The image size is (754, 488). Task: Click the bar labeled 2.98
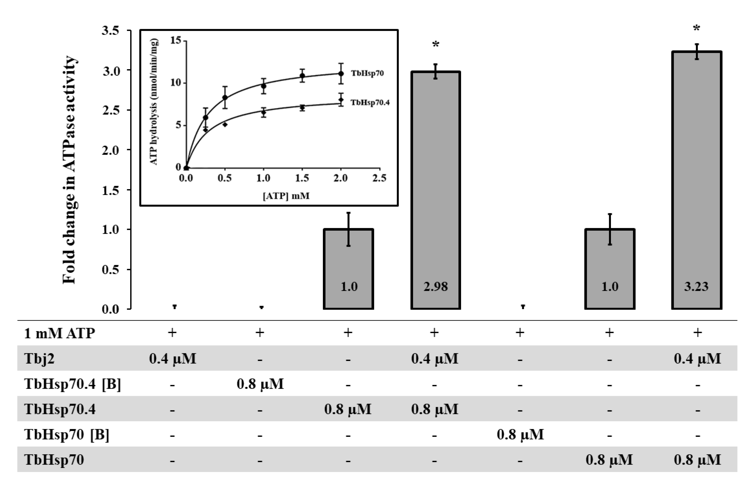pos(436,190)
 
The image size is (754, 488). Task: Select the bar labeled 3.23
pos(697,181)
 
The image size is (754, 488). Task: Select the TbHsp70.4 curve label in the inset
pos(370,102)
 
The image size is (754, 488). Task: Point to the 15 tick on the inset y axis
pos(176,40)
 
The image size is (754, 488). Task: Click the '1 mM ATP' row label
pos(59,333)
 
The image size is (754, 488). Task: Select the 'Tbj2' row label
pos(39,359)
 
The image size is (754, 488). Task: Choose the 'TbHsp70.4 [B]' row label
pos(73,384)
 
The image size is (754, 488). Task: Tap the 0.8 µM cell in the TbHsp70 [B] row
pos(520,434)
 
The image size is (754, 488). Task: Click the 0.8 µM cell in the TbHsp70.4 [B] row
pos(260,384)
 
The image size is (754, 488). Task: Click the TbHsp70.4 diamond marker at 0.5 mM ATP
pos(225,125)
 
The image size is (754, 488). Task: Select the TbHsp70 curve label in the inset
pos(367,73)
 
